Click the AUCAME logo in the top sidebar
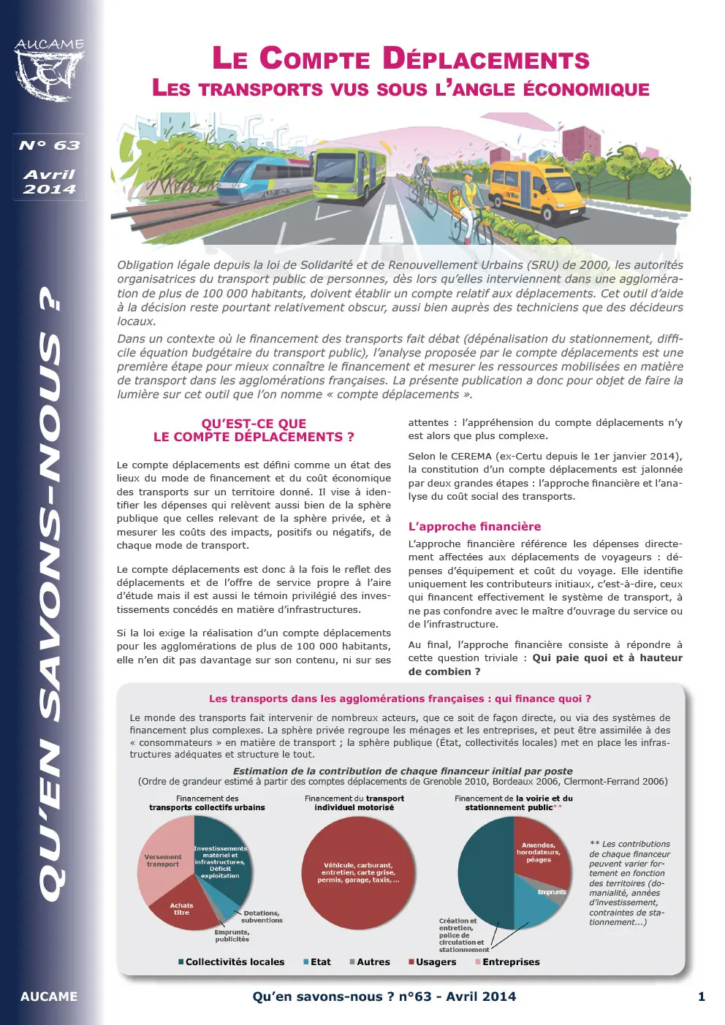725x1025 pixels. tap(49, 70)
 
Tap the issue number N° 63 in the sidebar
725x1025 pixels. tap(49, 145)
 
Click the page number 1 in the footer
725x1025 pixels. tap(701, 997)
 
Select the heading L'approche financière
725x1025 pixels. tap(474, 526)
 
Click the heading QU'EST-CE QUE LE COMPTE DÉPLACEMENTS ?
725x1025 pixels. tap(254, 430)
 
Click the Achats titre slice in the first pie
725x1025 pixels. tap(181, 909)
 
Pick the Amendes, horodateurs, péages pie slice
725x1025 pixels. tap(539, 853)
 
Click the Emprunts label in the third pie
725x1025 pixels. tap(552, 892)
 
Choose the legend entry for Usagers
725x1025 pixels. tap(436, 962)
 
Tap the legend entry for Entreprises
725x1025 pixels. tap(510, 962)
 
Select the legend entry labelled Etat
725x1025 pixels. tap(320, 962)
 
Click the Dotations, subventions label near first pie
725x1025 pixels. tap(262, 917)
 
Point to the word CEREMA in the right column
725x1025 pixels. tap(471, 456)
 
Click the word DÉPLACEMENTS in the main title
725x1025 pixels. tap(486, 58)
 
